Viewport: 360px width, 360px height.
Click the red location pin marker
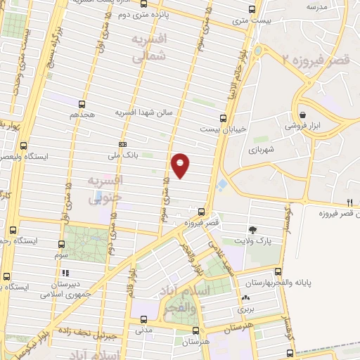[181, 165]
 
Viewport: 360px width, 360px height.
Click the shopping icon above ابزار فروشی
[302, 115]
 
